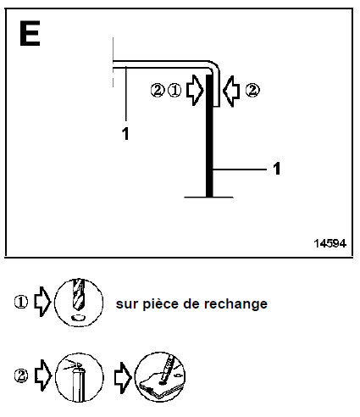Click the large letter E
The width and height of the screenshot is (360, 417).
coord(30,33)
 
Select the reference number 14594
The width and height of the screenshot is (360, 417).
coord(330,243)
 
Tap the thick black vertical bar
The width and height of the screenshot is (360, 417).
coord(209,136)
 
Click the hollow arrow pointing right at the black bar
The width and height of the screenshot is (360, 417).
coord(195,91)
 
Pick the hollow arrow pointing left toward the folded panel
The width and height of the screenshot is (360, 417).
coord(231,92)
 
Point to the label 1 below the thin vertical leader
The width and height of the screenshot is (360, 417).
coord(125,134)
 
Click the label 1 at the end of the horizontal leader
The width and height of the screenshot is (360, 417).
coord(277,169)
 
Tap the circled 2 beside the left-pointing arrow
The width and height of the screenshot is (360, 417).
coord(252,91)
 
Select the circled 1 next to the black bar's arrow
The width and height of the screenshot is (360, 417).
coord(174,91)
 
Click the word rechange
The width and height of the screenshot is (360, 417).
coord(235,304)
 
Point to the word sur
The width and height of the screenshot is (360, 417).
coord(127,304)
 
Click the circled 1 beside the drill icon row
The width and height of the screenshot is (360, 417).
coord(21,302)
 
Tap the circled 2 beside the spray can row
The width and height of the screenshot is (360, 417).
coord(21,376)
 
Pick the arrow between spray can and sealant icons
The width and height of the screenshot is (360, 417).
coord(123,378)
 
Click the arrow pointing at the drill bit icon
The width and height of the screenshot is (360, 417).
coord(42,302)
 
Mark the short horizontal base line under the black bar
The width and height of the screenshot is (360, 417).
coord(208,197)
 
